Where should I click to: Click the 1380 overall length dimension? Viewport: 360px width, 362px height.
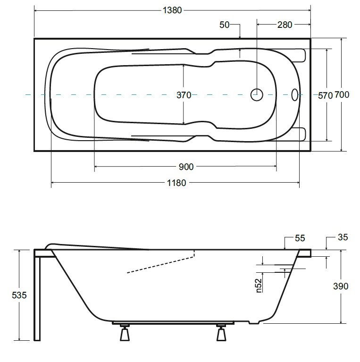(x=172, y=10)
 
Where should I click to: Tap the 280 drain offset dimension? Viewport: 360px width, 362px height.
(x=285, y=25)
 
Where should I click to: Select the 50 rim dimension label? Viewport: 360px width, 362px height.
(x=224, y=25)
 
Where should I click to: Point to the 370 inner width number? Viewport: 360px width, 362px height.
(x=184, y=95)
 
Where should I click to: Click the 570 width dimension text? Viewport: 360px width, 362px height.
(x=325, y=95)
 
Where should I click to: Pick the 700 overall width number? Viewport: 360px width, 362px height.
(x=342, y=95)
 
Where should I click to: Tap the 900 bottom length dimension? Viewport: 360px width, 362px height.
(x=186, y=167)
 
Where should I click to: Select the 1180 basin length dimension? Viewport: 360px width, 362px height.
(x=176, y=183)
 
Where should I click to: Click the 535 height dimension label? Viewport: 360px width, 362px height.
(x=19, y=295)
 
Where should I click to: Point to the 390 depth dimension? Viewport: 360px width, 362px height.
(x=341, y=286)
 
